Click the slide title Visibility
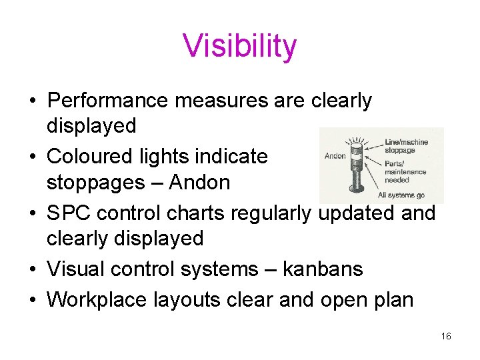(239, 47)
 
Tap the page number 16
(446, 337)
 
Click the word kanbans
(323, 269)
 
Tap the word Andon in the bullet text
(199, 182)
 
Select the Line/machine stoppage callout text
(406, 146)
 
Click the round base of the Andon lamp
(359, 194)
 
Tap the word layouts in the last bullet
(187, 299)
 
